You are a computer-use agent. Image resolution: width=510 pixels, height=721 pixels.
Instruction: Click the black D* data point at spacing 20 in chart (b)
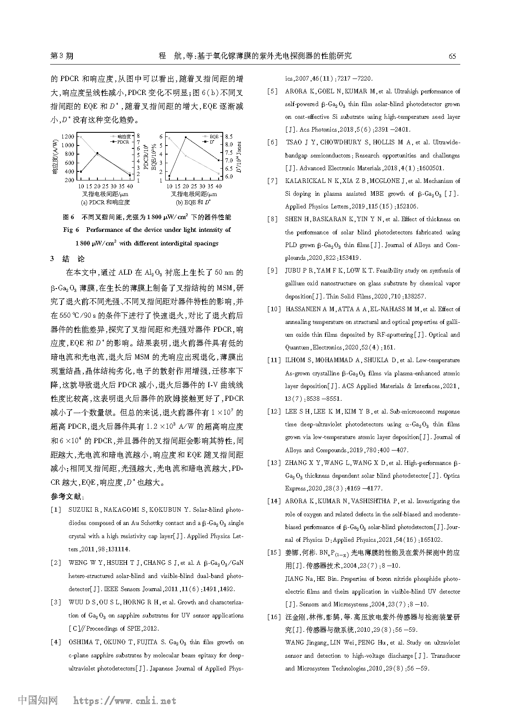pyautogui.click(x=186, y=138)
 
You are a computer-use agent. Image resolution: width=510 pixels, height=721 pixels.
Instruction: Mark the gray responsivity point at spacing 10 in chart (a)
pyautogui.click(x=81, y=137)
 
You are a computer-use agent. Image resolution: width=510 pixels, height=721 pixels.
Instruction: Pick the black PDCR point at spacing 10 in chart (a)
pyautogui.click(x=81, y=171)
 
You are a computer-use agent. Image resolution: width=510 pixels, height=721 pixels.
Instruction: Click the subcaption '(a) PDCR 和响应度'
pyautogui.click(x=105, y=202)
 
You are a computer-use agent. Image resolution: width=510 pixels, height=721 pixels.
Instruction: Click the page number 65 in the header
pyautogui.click(x=452, y=56)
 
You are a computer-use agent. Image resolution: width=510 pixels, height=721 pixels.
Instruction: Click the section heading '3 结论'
pyautogui.click(x=68, y=259)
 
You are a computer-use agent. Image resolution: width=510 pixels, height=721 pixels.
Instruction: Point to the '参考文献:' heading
pyautogui.click(x=67, y=497)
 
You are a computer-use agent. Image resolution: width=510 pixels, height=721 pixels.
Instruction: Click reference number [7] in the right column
pyautogui.click(x=272, y=181)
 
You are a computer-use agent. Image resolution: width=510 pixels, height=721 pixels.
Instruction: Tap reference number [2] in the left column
pyautogui.click(x=56, y=563)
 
